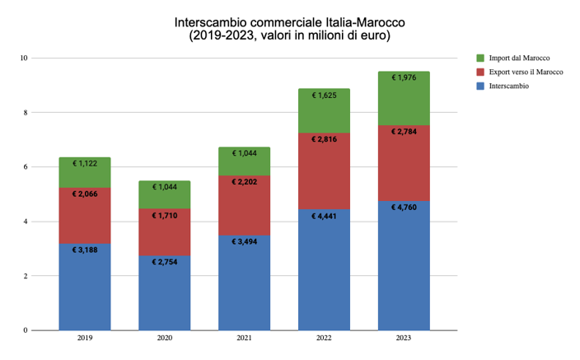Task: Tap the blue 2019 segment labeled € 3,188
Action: point(85,288)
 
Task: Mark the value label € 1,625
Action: point(324,96)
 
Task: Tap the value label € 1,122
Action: point(85,164)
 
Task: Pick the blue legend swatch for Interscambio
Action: point(481,86)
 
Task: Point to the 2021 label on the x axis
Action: point(245,338)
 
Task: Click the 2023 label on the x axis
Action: point(404,338)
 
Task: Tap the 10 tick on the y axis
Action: point(25,58)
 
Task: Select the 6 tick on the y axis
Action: point(25,167)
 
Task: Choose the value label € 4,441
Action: point(324,216)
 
